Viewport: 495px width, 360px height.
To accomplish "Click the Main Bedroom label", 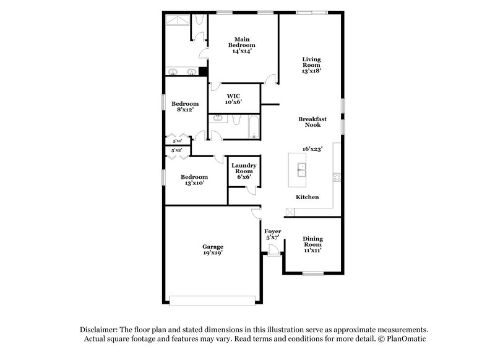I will [241, 45].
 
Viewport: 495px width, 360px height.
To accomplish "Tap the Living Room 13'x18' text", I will [311, 65].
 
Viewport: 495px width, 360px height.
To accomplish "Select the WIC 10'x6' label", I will [233, 99].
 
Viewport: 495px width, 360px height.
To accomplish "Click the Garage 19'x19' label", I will [212, 249].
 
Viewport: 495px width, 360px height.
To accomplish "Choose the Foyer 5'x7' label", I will [273, 234].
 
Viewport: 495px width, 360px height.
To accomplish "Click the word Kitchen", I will [307, 197].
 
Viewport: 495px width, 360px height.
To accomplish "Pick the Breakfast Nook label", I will [312, 122].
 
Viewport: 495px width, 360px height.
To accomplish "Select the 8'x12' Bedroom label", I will [185, 107].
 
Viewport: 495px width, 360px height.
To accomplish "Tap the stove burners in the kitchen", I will [337, 177].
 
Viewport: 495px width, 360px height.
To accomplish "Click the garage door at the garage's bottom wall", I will [212, 301].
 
